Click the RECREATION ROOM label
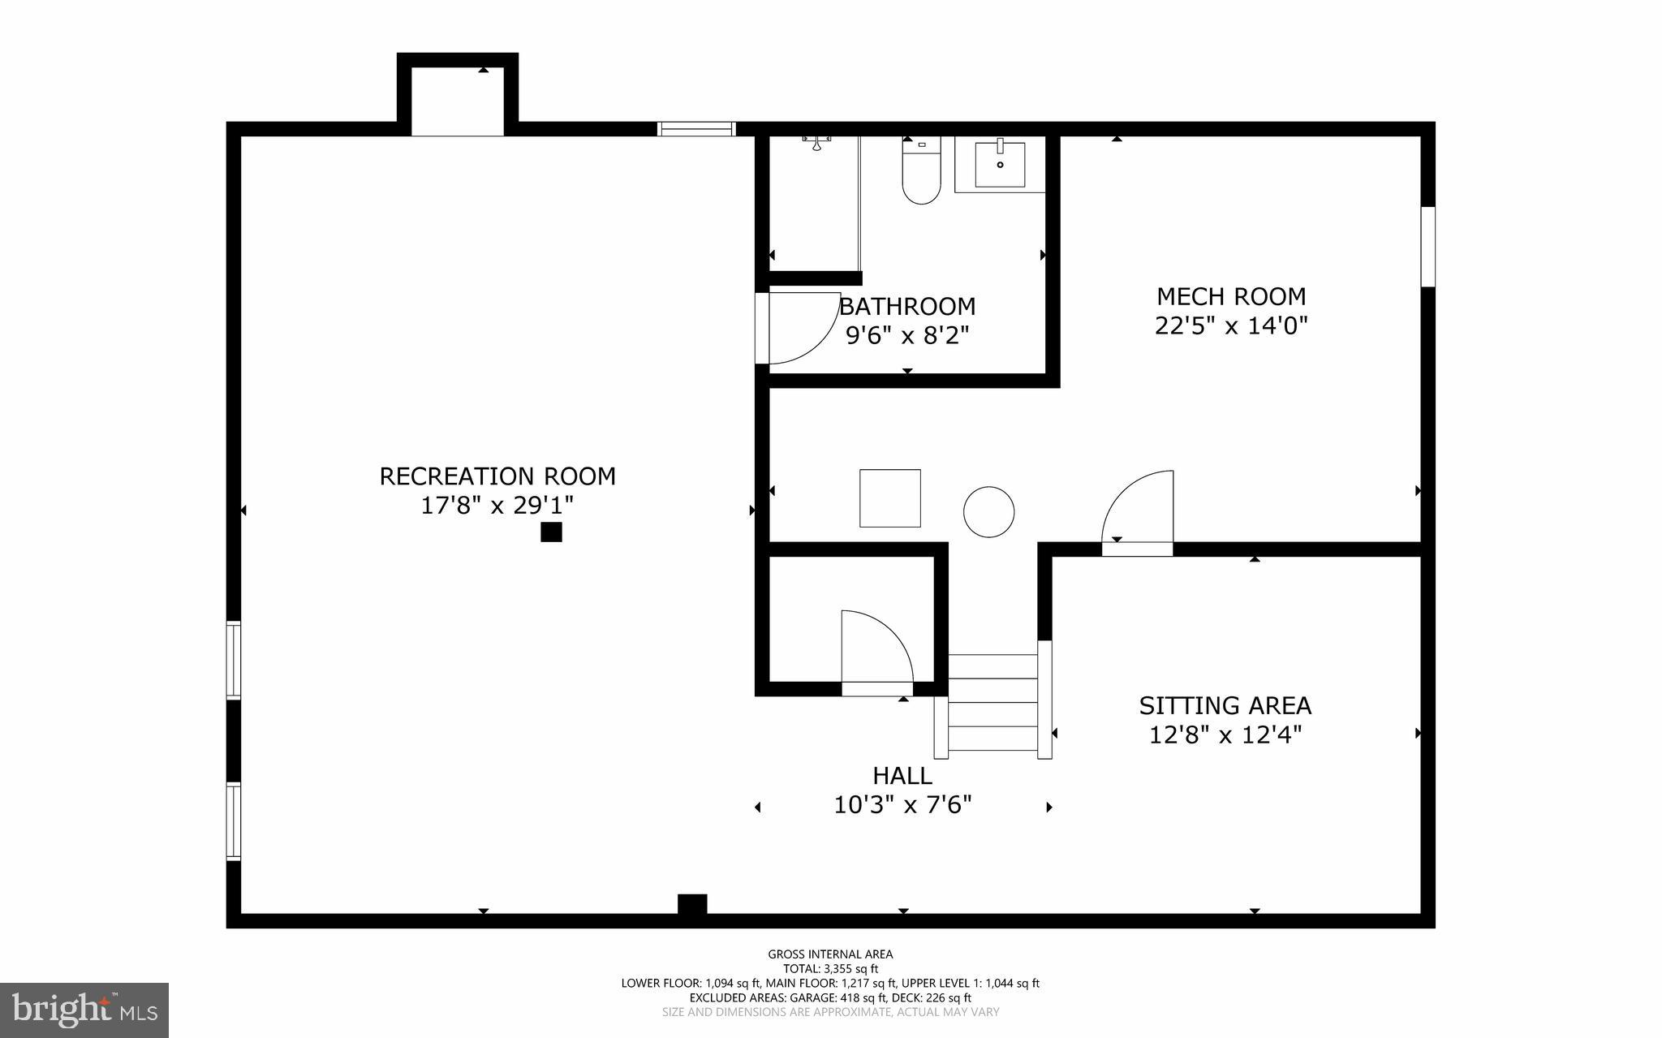tap(497, 476)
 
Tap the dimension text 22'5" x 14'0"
tap(1231, 326)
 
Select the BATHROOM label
tap(907, 307)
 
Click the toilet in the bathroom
tap(921, 174)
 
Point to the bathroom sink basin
tap(1000, 165)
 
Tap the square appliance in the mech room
tap(890, 498)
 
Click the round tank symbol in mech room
tap(988, 511)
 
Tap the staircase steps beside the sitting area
tap(993, 703)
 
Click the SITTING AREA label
tap(1225, 705)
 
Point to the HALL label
tap(902, 776)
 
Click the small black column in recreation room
tap(551, 532)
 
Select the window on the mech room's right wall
tap(1427, 246)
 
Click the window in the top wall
tap(696, 128)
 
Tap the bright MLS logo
tap(84, 1010)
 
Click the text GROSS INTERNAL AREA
tap(830, 954)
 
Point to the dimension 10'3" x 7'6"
tap(902, 805)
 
